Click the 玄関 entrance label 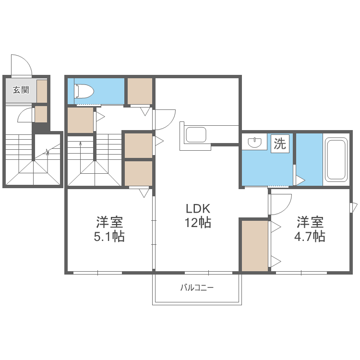[x=20, y=89]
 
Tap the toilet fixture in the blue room [x=84, y=90]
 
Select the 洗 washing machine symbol [x=280, y=144]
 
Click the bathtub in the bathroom [x=336, y=160]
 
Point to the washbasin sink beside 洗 [x=255, y=142]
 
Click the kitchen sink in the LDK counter [x=196, y=135]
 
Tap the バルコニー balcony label [x=197, y=288]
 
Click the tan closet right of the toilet [x=140, y=90]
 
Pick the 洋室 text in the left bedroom [x=110, y=222]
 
